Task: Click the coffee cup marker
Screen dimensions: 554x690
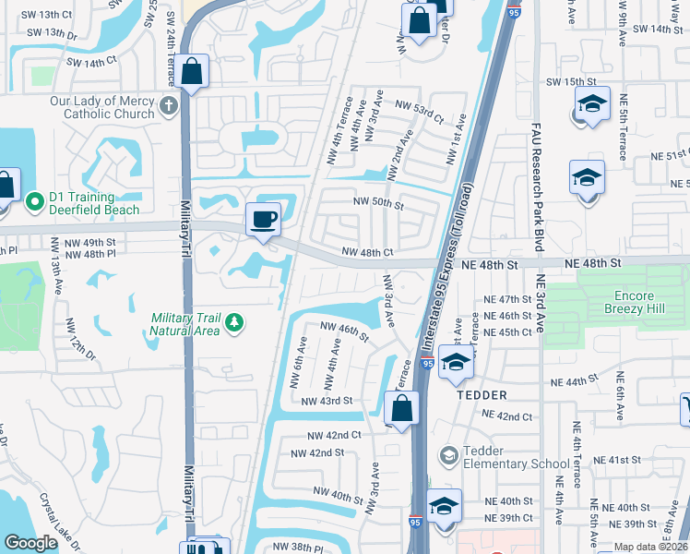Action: click(263, 220)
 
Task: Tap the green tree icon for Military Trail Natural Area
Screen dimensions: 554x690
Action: click(235, 321)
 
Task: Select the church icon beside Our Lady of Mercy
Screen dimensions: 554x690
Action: click(168, 105)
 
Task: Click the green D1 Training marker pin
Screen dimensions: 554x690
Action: click(36, 200)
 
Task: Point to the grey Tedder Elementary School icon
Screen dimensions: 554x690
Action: click(448, 455)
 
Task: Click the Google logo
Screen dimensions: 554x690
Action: click(30, 542)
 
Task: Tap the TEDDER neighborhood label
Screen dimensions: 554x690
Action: click(481, 394)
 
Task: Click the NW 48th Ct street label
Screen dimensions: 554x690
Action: click(367, 252)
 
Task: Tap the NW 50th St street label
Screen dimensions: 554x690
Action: click(378, 203)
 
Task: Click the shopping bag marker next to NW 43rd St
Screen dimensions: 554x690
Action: click(401, 408)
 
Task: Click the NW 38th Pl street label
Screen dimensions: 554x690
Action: click(295, 548)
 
